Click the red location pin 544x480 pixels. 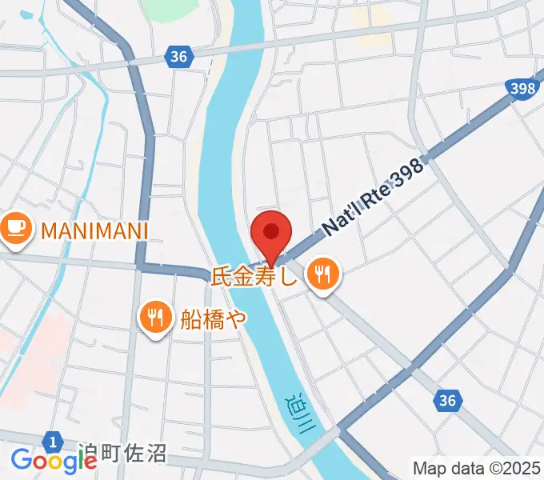271,233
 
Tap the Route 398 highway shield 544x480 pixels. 522,89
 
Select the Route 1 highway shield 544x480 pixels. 53,441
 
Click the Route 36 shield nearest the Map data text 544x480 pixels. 450,401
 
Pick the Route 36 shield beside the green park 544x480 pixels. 179,56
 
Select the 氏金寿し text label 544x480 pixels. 254,277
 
